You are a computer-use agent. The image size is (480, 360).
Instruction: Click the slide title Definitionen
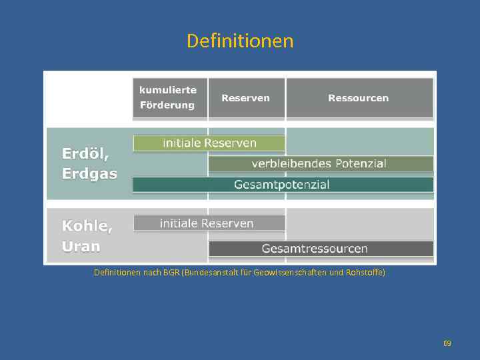tap(240, 41)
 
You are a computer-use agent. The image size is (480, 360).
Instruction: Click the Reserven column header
tap(245, 98)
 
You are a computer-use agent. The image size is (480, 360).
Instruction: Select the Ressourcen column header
tap(358, 98)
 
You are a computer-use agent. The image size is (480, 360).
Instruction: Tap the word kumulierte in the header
tap(167, 89)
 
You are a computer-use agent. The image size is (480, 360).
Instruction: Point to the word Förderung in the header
tap(167, 105)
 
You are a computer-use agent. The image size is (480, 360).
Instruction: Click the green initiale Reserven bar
tap(209, 143)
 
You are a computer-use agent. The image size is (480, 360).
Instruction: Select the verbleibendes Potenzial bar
tap(321, 164)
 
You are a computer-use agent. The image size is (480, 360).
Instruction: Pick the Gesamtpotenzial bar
tap(283, 185)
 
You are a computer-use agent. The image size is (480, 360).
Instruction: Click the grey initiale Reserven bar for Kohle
tap(209, 223)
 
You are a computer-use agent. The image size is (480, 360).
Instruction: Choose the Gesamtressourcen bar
tap(321, 249)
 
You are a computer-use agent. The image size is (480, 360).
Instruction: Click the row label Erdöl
tap(85, 153)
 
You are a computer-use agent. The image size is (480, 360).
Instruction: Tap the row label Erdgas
tap(89, 174)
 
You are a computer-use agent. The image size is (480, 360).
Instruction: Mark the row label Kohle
tap(87, 226)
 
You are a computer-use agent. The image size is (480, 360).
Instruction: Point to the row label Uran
tap(81, 247)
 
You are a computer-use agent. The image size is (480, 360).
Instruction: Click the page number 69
tap(447, 343)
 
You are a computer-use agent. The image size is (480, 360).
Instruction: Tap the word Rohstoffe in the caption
tap(364, 273)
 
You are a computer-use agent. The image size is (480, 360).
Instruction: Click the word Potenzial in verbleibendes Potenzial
tap(359, 164)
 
